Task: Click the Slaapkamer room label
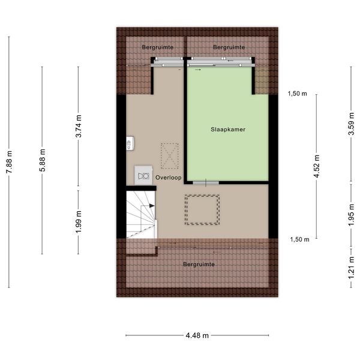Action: click(x=228, y=130)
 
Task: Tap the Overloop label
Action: click(x=168, y=178)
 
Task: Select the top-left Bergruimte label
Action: click(x=157, y=47)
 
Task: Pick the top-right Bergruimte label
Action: click(x=229, y=47)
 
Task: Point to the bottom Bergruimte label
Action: click(x=199, y=264)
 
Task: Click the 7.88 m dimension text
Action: click(x=9, y=162)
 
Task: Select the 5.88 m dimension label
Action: click(x=42, y=160)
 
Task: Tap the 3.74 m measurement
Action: click(x=79, y=126)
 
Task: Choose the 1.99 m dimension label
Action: click(x=79, y=221)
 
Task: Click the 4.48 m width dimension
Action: click(x=197, y=335)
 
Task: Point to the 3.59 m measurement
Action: click(x=351, y=124)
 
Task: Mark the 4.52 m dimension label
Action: click(x=317, y=166)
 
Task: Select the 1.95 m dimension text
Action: click(x=351, y=215)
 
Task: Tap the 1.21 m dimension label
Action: click(x=351, y=268)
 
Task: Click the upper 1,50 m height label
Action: click(x=298, y=94)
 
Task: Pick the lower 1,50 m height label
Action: click(x=299, y=239)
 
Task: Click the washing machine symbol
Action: click(x=143, y=175)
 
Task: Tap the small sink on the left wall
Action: click(x=130, y=143)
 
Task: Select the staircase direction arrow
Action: click(x=152, y=206)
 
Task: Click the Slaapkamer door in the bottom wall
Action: click(x=206, y=183)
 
